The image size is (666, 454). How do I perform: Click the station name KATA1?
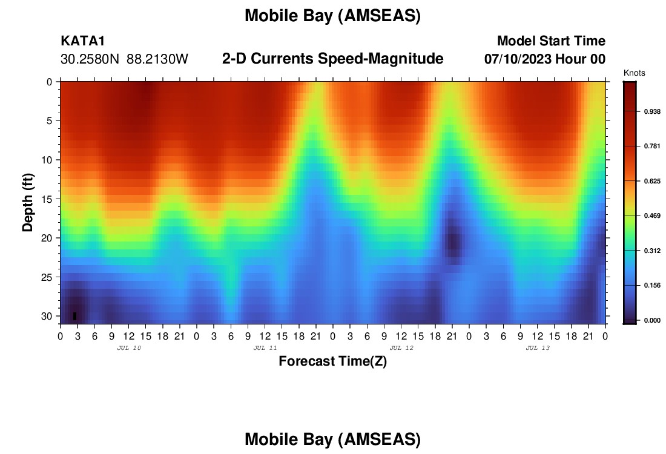pos(82,41)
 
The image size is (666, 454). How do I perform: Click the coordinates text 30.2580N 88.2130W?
pos(124,59)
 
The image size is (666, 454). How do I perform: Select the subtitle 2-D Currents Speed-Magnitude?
pos(332,58)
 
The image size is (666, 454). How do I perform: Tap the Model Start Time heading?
pos(551,41)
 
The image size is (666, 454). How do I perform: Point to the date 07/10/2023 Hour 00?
pos(544,59)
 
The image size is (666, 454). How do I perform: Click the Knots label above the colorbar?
pos(634,73)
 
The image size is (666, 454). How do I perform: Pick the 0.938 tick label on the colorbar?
pos(652,111)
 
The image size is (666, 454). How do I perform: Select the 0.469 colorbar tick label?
pos(652,215)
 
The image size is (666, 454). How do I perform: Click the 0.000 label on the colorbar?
pos(652,320)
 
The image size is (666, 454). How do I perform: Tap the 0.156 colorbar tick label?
pos(652,285)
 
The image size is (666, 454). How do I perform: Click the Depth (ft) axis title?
pos(27,203)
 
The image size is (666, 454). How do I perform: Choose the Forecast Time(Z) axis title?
pos(332,361)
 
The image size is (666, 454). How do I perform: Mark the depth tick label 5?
pos(49,120)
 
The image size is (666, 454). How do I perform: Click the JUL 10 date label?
pos(129,348)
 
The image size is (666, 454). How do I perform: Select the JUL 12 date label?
pos(401,348)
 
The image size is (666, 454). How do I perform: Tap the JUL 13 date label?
pos(538,348)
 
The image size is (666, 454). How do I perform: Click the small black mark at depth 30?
pos(74,316)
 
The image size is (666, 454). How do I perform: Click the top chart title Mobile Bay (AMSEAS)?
pos(332,16)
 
